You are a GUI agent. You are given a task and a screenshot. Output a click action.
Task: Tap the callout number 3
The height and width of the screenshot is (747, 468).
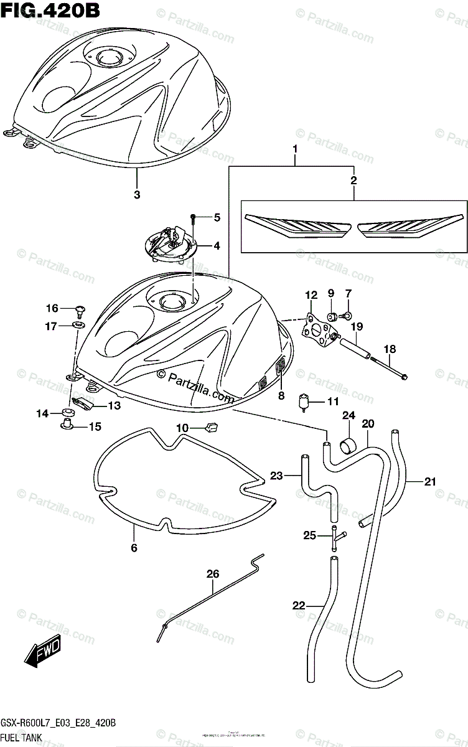click(x=137, y=195)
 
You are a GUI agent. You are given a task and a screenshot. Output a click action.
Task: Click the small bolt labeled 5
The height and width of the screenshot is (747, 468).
click(x=194, y=218)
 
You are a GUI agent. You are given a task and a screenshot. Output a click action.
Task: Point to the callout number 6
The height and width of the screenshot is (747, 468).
click(x=134, y=548)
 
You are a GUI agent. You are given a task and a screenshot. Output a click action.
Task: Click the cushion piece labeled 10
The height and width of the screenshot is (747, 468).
click(x=212, y=426)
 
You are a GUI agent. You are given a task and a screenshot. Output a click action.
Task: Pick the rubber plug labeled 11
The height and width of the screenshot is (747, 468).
click(x=305, y=402)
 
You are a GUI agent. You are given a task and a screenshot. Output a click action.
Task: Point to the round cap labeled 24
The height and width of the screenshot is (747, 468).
click(x=349, y=446)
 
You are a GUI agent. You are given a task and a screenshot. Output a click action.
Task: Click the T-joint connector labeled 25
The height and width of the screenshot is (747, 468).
click(x=335, y=536)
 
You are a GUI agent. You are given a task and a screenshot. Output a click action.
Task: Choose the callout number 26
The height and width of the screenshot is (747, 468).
click(x=213, y=573)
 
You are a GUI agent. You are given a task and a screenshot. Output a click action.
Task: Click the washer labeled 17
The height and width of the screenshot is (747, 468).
click(x=79, y=325)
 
